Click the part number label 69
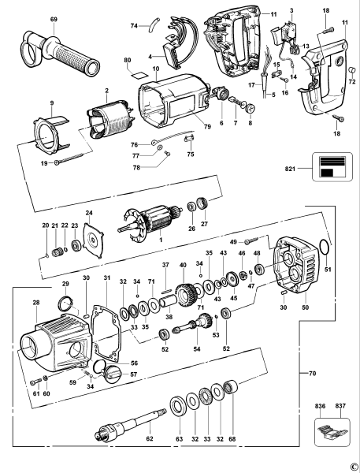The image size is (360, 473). click(x=54, y=19)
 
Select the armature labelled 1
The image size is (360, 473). click(x=150, y=221)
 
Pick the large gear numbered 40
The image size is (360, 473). click(x=185, y=295)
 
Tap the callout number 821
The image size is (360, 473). click(x=290, y=169)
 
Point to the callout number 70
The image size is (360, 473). click(x=313, y=374)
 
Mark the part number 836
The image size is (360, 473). click(x=320, y=406)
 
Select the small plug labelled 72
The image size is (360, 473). click(x=351, y=71)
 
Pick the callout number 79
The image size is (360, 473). click(x=207, y=127)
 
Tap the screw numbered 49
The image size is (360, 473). click(x=251, y=240)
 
